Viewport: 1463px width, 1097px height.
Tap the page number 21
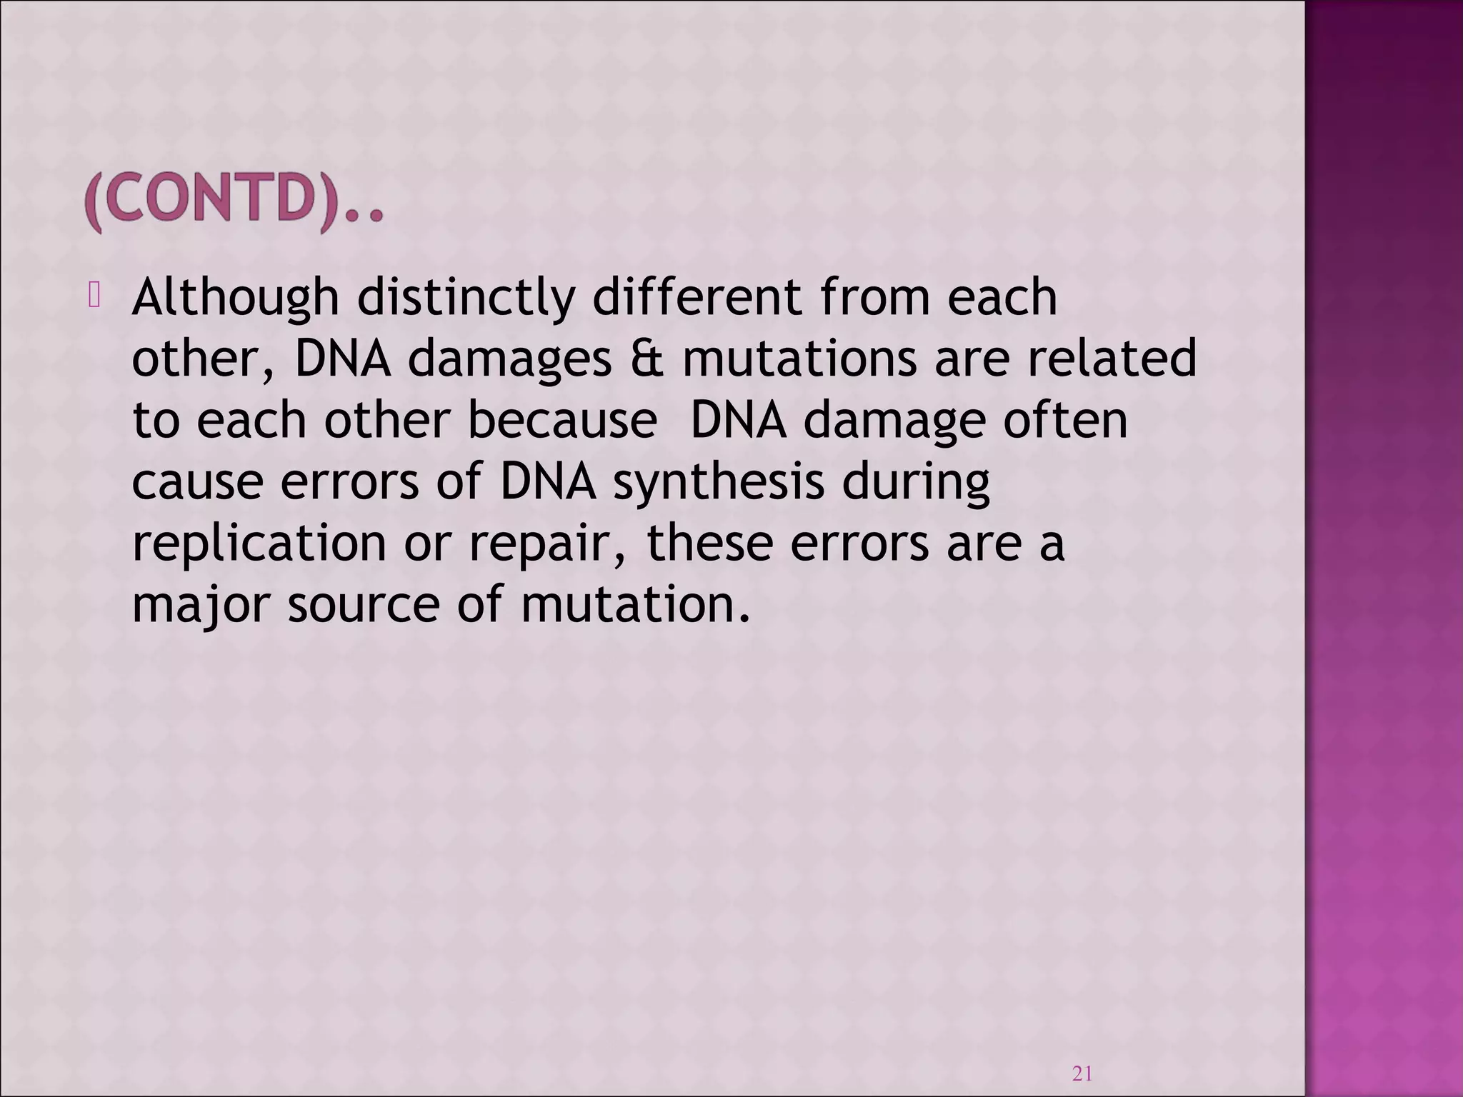pyautogui.click(x=1082, y=1073)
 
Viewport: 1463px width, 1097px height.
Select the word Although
pyautogui.click(x=235, y=298)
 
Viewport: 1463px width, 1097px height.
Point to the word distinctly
pyautogui.click(x=466, y=298)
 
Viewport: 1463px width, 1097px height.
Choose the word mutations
pyautogui.click(x=799, y=359)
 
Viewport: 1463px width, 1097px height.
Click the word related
pyautogui.click(x=1112, y=359)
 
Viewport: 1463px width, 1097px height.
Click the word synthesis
pyautogui.click(x=719, y=482)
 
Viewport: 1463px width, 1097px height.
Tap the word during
pyautogui.click(x=916, y=482)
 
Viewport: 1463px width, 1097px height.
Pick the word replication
pyautogui.click(x=259, y=544)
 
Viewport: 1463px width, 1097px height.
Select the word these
pyautogui.click(x=709, y=544)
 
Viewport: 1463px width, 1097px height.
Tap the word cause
pyautogui.click(x=198, y=483)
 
